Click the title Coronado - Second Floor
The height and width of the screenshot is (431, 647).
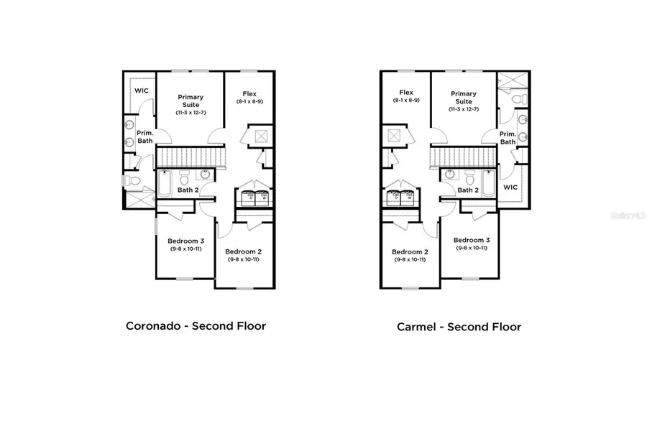point(196,325)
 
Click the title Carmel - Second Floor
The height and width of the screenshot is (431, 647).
point(459,326)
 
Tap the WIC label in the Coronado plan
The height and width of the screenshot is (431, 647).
point(142,91)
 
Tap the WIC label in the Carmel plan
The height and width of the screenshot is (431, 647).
point(510,186)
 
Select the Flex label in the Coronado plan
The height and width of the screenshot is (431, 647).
point(249,93)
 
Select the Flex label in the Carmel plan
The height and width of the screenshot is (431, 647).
point(406,92)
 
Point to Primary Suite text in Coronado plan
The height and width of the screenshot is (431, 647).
point(191,101)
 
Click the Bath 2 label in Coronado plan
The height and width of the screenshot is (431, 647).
point(188,190)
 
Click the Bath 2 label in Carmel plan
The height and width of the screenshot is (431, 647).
point(468,190)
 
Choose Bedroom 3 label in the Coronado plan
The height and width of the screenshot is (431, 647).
point(185,241)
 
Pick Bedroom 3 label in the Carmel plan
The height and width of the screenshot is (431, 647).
point(472,240)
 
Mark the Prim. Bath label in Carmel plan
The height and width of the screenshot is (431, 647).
point(508,137)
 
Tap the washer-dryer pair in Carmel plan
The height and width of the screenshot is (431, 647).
point(400,198)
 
